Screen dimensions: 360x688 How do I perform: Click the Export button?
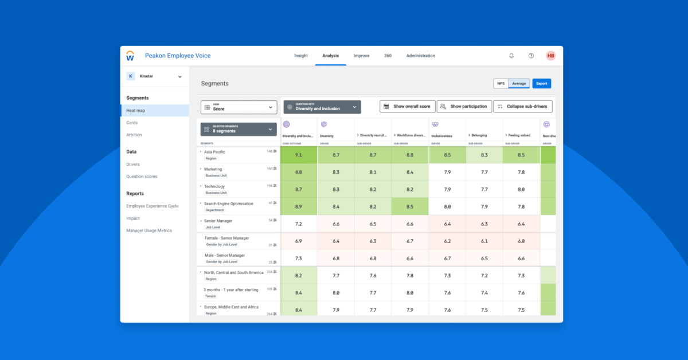point(542,84)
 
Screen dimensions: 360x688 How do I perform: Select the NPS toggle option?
point(501,84)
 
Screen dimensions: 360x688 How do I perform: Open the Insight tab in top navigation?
point(301,56)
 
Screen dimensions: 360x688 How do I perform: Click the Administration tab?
point(420,56)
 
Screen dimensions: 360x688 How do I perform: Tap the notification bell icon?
point(511,56)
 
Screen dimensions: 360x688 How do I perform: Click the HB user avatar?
point(550,56)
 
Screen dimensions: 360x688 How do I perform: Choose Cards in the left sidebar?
point(132,123)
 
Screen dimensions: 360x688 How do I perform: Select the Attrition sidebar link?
point(134,135)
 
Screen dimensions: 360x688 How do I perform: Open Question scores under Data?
point(142,177)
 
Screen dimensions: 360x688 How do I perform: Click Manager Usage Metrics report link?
point(149,230)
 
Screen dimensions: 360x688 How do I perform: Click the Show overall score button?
point(407,107)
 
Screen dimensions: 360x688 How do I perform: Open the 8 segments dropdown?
point(239,130)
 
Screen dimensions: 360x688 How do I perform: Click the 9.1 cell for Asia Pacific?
point(299,155)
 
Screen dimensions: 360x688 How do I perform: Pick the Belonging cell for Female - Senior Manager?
point(484,241)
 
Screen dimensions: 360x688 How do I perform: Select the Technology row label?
point(214,186)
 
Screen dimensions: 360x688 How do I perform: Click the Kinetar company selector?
point(155,76)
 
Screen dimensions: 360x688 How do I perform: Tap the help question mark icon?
point(531,56)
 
